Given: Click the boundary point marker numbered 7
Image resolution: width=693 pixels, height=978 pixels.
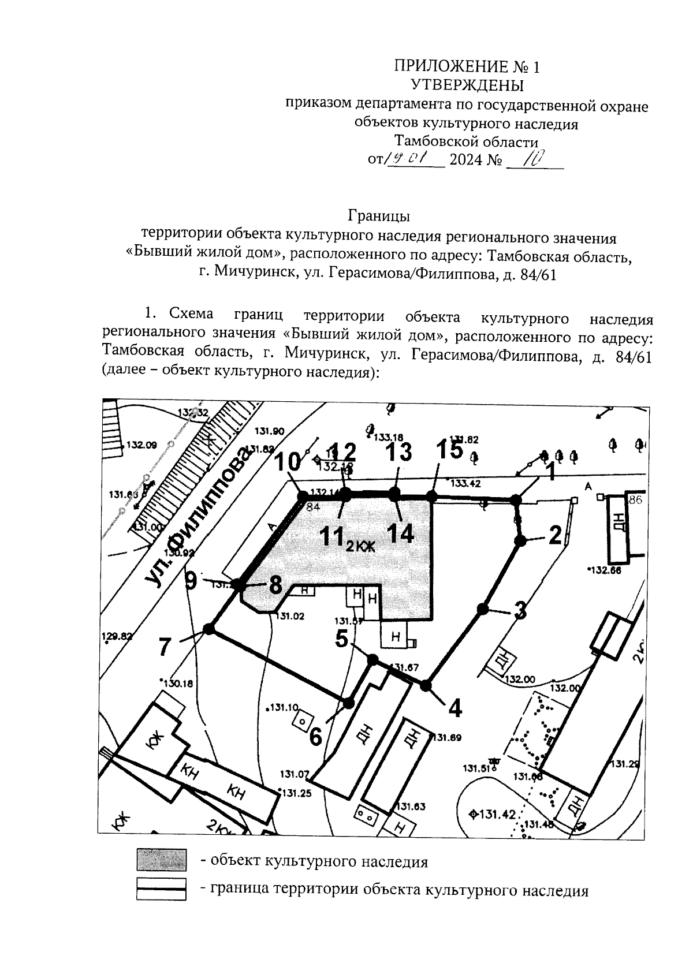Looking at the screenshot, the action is click(209, 629).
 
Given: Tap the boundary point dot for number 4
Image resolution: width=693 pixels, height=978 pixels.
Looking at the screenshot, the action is click(426, 686).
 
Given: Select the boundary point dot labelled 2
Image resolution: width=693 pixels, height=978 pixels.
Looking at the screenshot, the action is click(520, 540).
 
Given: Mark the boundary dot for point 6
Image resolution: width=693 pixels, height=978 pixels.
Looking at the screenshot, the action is click(348, 703).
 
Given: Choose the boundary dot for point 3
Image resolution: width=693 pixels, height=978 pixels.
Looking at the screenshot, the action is click(482, 608).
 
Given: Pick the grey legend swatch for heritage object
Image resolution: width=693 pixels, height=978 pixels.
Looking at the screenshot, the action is click(161, 860).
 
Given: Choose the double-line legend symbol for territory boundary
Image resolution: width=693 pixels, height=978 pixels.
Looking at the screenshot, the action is click(161, 889).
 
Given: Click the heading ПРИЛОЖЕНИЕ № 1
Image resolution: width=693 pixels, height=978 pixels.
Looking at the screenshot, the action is click(467, 66).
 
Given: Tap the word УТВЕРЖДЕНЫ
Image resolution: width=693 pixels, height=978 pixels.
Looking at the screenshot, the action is click(467, 85).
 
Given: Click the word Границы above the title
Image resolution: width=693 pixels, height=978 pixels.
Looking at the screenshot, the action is click(379, 216).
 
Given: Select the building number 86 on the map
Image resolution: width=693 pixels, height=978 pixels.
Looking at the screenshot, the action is click(635, 500).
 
